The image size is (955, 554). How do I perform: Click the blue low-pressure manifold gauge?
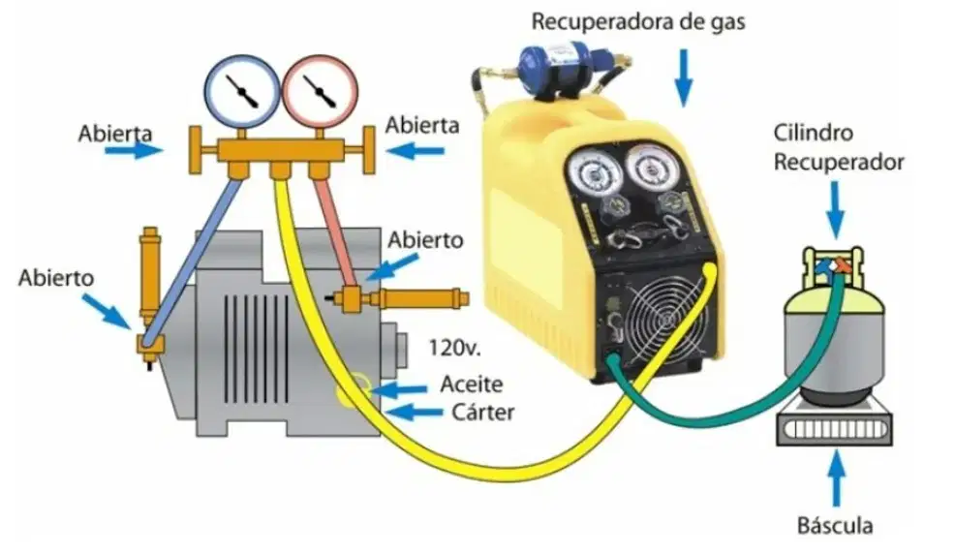pyautogui.click(x=242, y=91)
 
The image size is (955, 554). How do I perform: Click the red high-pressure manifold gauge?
pyautogui.click(x=320, y=91)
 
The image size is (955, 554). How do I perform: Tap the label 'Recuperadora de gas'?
pyautogui.click(x=638, y=22)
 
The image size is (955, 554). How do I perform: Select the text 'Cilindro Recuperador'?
pyautogui.click(x=838, y=147)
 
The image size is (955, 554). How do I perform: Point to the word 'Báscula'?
pyautogui.click(x=835, y=525)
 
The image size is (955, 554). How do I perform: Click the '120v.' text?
pyautogui.click(x=454, y=348)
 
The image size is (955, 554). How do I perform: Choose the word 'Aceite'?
pyautogui.click(x=472, y=385)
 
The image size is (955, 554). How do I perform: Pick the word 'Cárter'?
pyautogui.click(x=483, y=413)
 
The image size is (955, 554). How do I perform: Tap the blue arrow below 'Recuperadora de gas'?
pyautogui.click(x=684, y=77)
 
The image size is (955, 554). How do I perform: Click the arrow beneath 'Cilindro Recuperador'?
pyautogui.click(x=836, y=210)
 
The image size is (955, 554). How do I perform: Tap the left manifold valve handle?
pyautogui.click(x=195, y=150)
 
